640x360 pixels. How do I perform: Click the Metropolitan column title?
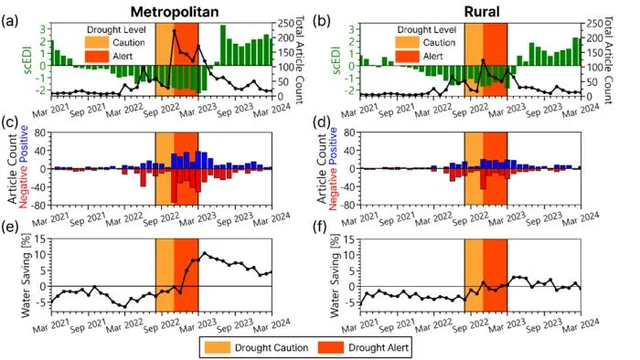(x=175, y=11)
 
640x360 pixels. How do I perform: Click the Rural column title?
(x=482, y=11)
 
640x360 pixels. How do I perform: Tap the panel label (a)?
(x=10, y=21)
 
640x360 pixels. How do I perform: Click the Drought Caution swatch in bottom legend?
(x=217, y=347)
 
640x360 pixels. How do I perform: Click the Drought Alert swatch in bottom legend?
(x=330, y=347)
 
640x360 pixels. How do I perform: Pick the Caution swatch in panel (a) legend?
(x=97, y=42)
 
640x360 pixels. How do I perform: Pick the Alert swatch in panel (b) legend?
(x=407, y=56)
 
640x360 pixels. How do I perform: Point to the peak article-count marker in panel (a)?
(x=175, y=30)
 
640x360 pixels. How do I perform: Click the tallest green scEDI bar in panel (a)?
(x=223, y=46)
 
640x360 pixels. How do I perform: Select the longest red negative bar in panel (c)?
(x=175, y=185)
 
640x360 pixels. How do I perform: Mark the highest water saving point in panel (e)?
(x=205, y=253)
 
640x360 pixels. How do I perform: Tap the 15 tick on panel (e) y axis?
(x=42, y=238)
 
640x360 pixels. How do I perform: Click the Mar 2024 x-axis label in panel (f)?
(x=581, y=326)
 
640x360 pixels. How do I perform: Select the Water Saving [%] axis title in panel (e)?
(x=26, y=276)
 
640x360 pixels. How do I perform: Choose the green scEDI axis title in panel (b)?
(x=336, y=60)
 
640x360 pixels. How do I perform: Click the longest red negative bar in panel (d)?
(x=484, y=178)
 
